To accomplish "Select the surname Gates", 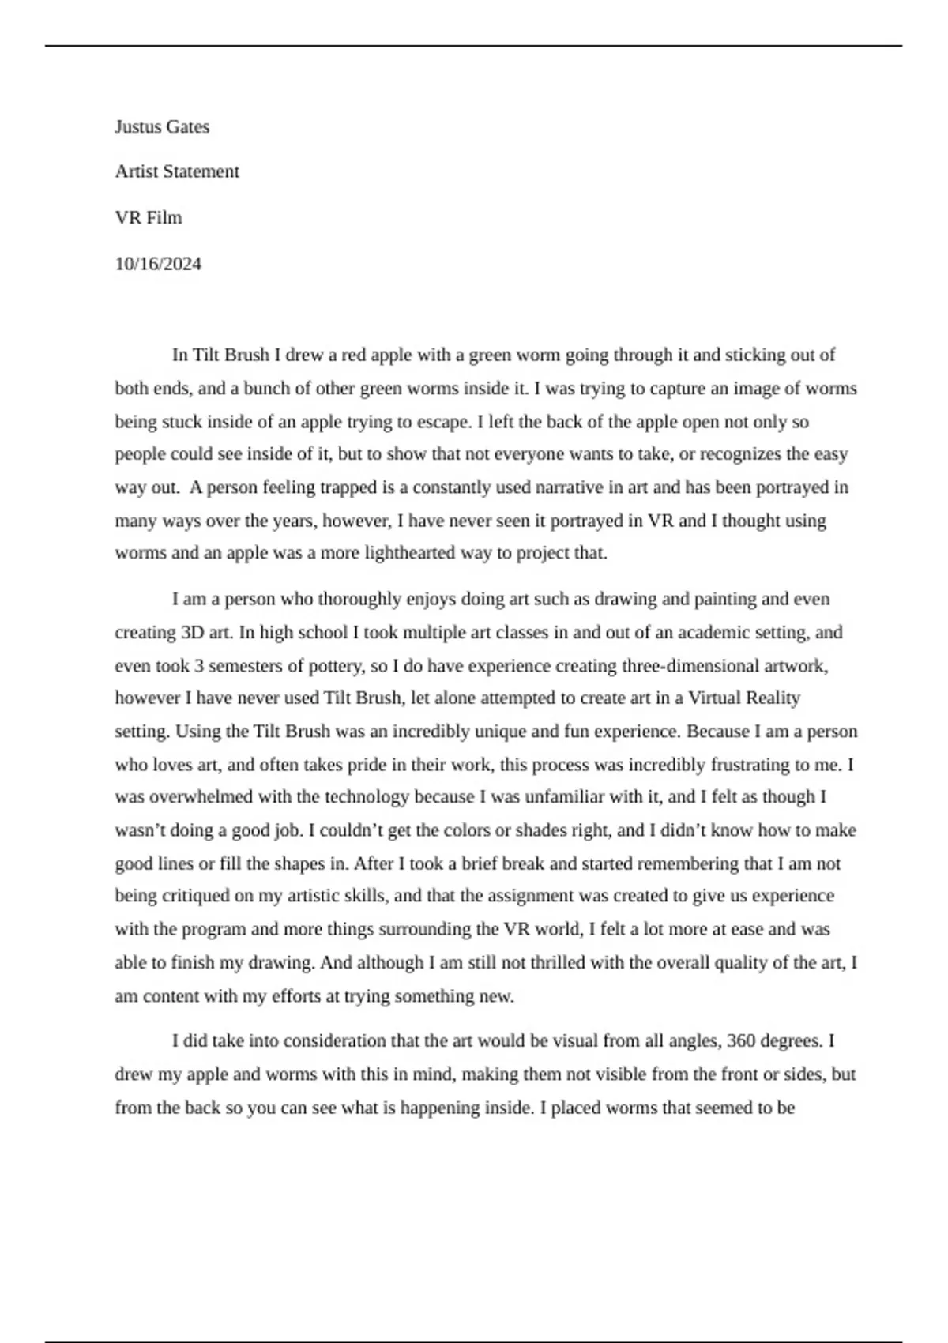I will click(x=188, y=126).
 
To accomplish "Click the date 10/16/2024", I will click(x=158, y=264).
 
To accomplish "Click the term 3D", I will click(x=194, y=632).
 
